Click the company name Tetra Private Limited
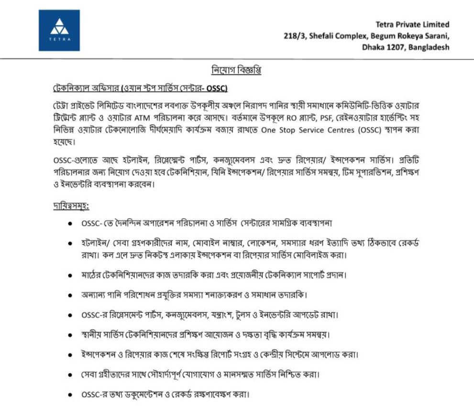pyautogui.click(x=412, y=24)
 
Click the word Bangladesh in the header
pyautogui.click(x=429, y=47)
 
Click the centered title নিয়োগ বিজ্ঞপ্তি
pyautogui.click(x=236, y=70)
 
